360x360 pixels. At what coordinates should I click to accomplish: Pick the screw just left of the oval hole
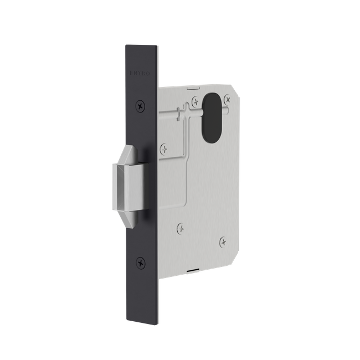[196, 100]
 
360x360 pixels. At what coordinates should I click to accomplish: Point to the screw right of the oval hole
[228, 100]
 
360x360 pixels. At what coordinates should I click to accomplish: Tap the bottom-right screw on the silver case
[222, 241]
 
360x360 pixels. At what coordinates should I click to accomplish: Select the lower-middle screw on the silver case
[180, 227]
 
